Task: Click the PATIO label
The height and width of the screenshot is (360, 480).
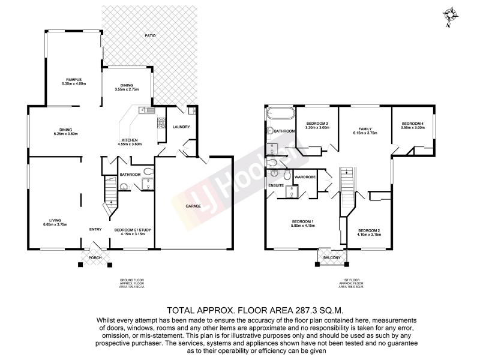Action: (150, 37)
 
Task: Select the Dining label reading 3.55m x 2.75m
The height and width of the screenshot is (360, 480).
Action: (127, 90)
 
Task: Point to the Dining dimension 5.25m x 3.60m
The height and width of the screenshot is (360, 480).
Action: (66, 133)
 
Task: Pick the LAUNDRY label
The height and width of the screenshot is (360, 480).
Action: (181, 127)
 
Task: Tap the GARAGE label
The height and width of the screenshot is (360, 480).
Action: (193, 206)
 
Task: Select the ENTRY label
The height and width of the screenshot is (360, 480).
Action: (95, 229)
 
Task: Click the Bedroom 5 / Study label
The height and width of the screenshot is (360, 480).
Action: (134, 229)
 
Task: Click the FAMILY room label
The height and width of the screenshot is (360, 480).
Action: (365, 129)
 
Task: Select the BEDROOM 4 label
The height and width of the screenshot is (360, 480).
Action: (413, 124)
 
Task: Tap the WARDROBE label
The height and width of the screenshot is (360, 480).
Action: (305, 177)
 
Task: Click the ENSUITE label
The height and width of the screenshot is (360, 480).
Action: (275, 185)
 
